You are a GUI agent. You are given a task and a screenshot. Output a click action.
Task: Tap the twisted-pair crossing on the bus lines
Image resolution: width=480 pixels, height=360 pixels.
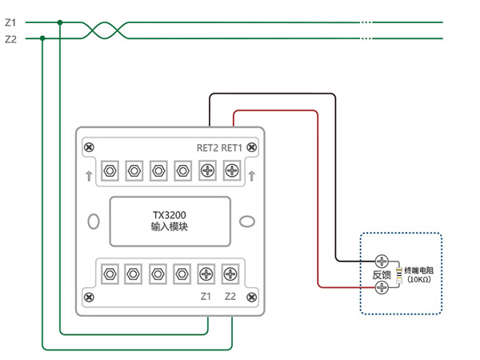106,30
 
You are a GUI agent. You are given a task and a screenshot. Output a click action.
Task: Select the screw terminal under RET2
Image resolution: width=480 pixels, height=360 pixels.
207,170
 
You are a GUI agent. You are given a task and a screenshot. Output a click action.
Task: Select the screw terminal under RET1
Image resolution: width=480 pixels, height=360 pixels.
232,170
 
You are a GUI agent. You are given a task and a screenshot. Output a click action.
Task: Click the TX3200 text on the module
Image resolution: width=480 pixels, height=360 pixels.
169,214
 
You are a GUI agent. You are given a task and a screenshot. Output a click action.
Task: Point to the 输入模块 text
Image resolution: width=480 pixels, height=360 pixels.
169,227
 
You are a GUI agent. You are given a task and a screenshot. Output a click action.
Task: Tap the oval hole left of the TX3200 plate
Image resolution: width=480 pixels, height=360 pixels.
94,221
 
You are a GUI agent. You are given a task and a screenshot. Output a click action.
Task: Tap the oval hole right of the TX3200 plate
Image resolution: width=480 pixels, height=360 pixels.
247,221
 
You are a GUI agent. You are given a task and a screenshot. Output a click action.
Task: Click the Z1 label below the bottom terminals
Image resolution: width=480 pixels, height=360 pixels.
206,297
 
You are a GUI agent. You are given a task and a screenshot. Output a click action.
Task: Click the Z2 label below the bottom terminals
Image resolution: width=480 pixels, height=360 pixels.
231,297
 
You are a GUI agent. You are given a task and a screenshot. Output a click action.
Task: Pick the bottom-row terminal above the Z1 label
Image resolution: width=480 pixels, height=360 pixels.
206,274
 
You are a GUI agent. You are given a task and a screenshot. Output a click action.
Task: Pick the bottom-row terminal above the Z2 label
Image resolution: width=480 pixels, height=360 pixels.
231,274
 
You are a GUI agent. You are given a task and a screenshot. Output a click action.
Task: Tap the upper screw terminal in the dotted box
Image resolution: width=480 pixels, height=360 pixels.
382,261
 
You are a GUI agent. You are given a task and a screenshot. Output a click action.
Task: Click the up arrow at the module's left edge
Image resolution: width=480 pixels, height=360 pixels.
88,176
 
